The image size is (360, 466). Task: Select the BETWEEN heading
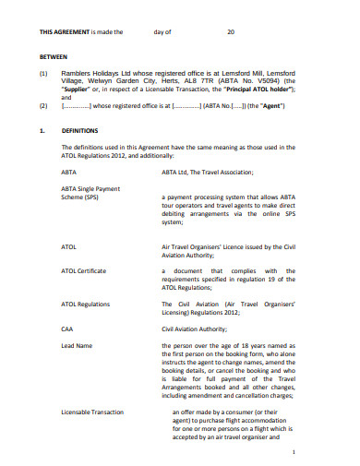pyautogui.click(x=52, y=54)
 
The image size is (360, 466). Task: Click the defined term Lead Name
pyautogui.click(x=78, y=343)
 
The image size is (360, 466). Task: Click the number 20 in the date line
pyautogui.click(x=232, y=31)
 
